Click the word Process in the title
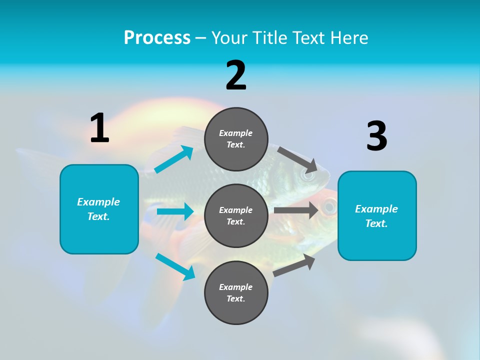tap(157, 37)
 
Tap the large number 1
tap(99, 128)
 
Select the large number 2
tap(236, 75)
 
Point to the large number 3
tap(376, 136)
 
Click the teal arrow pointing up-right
tap(174, 159)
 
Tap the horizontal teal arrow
tap(175, 211)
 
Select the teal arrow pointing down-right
tap(175, 266)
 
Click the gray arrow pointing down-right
tap(297, 159)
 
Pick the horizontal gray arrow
tap(296, 210)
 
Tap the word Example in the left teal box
tap(98, 202)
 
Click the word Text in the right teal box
tap(375, 223)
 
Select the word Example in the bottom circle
tap(235, 287)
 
